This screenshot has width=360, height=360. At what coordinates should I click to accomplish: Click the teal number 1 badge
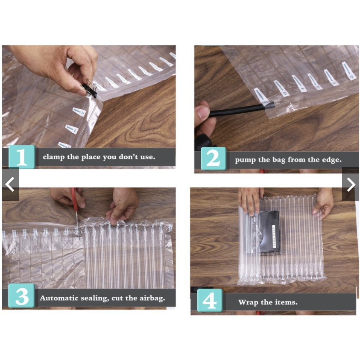[22, 157]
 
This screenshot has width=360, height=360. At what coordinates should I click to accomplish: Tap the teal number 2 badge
[213, 159]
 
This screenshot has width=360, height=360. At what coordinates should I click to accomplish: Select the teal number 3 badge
[22, 296]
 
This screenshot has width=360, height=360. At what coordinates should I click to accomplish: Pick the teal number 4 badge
[210, 301]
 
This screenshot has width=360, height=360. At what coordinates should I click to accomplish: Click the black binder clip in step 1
[90, 89]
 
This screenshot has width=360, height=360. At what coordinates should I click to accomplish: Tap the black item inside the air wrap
[270, 232]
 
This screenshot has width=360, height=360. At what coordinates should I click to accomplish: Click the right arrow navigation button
[351, 184]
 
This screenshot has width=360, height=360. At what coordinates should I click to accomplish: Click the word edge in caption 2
[331, 160]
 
